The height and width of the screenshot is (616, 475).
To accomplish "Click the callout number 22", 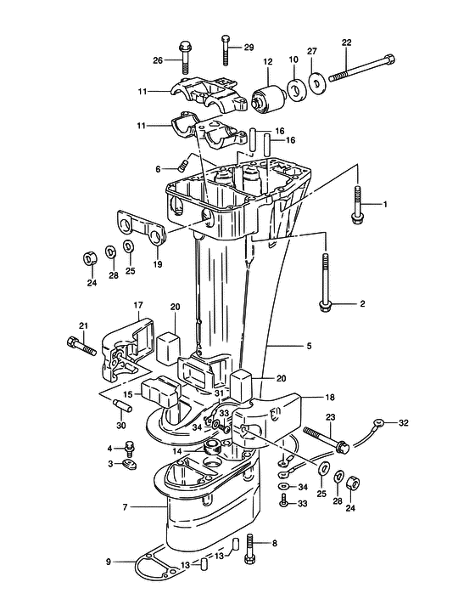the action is (346, 42).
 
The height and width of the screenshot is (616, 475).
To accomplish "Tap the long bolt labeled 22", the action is (361, 68).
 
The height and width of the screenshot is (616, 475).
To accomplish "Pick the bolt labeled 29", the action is (226, 50).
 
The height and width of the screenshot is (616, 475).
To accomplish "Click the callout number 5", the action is (309, 346).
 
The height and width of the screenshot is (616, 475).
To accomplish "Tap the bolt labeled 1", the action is (357, 205).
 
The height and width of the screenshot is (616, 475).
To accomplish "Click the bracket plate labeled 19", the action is (142, 229).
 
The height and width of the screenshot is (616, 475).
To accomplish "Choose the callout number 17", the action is (138, 305).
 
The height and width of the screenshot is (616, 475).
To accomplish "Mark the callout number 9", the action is (109, 562).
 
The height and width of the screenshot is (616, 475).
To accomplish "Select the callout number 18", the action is (330, 397).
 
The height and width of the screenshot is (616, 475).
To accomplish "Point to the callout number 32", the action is (403, 423).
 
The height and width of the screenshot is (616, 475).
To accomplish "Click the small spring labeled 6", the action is (182, 167).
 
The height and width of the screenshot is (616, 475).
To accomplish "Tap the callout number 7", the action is (125, 507).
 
